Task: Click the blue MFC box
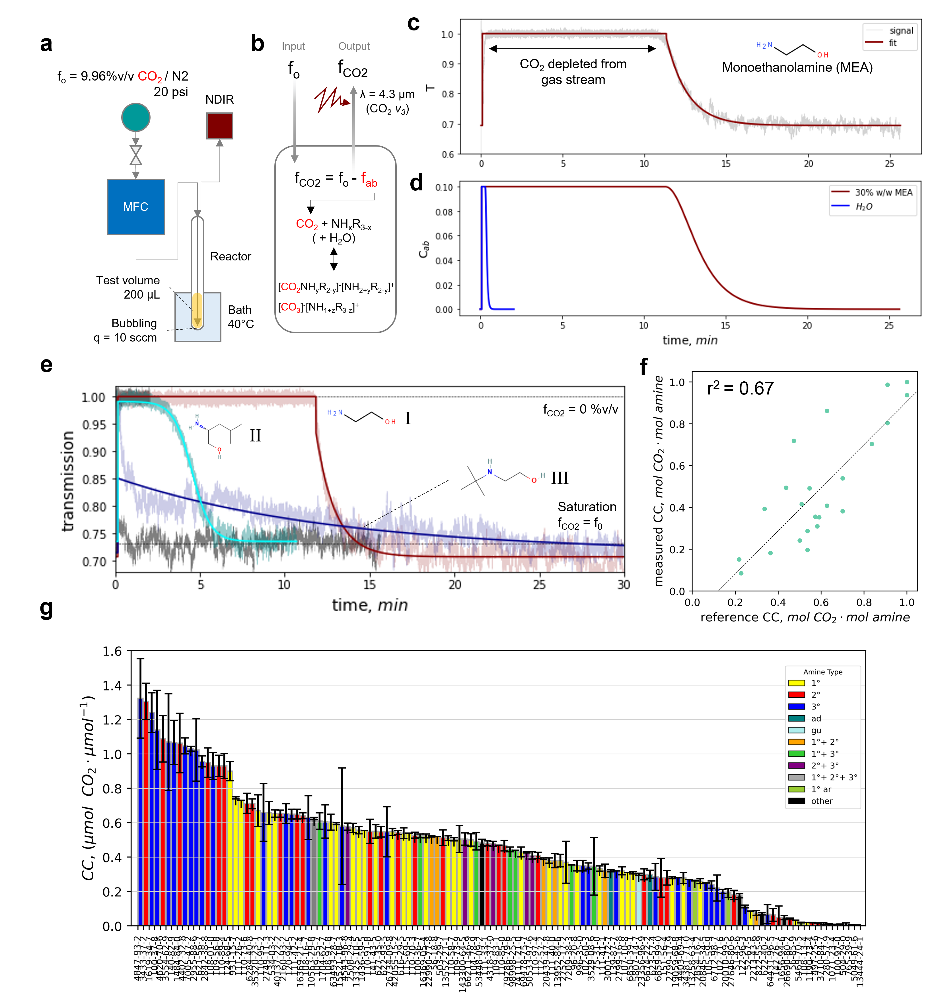click(136, 207)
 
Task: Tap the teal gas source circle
click(136, 117)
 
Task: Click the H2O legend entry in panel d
click(864, 206)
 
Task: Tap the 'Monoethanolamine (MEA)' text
click(797, 68)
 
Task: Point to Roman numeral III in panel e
click(560, 478)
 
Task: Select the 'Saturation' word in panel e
click(587, 507)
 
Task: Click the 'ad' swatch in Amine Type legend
click(797, 718)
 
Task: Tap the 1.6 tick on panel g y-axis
click(112, 651)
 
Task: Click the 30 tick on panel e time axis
click(624, 584)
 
